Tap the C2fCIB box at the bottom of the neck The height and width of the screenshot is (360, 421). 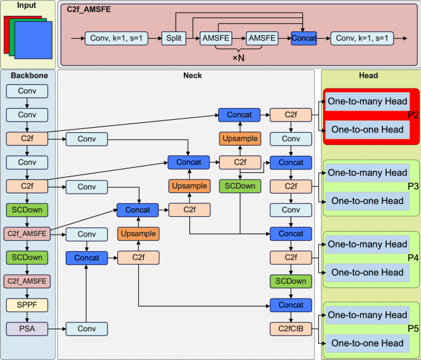[x=291, y=329]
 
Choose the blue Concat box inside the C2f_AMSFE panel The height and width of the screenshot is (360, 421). [x=304, y=38]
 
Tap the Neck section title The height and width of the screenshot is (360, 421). [x=192, y=76]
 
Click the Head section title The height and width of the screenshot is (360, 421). [x=368, y=76]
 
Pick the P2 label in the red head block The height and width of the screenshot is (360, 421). [x=412, y=115]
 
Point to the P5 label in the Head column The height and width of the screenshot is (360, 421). [x=412, y=329]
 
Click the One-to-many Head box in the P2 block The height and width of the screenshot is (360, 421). [x=367, y=101]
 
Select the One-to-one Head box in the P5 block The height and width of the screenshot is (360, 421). [x=367, y=343]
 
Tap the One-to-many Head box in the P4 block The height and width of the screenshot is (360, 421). [x=367, y=245]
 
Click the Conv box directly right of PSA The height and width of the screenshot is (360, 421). [x=87, y=329]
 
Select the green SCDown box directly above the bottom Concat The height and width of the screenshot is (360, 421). [x=291, y=281]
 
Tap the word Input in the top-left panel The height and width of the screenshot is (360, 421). [x=26, y=6]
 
